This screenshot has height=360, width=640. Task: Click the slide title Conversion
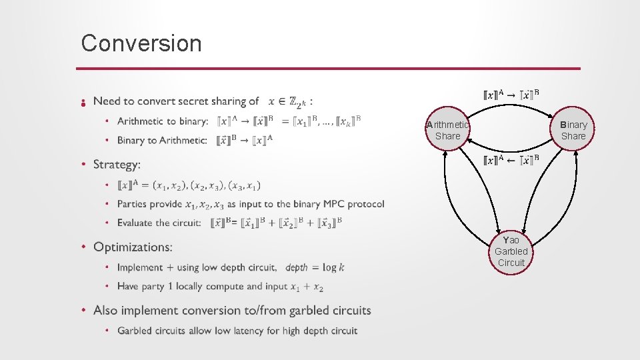tap(141, 43)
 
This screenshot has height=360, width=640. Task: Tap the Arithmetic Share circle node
tap(447, 130)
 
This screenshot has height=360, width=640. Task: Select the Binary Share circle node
tap(573, 130)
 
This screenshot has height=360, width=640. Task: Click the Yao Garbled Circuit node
tap(511, 251)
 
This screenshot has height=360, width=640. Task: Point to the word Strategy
tap(117, 164)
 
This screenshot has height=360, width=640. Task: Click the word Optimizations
tap(133, 247)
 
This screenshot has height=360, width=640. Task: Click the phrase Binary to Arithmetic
tap(162, 140)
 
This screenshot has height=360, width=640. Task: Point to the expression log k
tap(333, 267)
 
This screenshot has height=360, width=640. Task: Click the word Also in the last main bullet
tap(106, 311)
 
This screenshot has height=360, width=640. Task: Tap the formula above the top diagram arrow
tap(511, 95)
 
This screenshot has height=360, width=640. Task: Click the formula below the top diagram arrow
tap(511, 161)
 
